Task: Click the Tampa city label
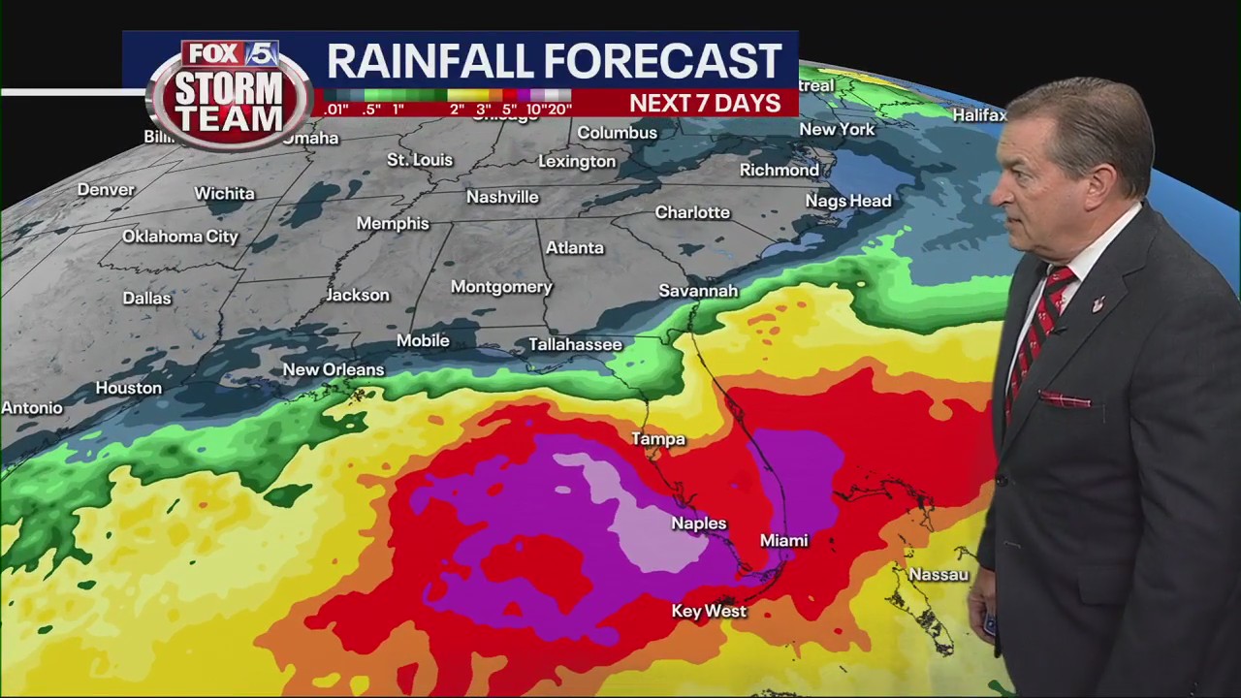658,439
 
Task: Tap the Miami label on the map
783,540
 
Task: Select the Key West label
709,611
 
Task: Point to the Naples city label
698,523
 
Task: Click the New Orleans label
334,369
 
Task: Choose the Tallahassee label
575,344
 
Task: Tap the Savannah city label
698,291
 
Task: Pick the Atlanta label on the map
574,248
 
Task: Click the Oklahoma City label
180,237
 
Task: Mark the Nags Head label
847,201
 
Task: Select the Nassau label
938,575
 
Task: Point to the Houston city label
128,388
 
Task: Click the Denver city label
106,189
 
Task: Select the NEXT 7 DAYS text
705,104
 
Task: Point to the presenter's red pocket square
1064,398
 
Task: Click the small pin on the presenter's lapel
1098,304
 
